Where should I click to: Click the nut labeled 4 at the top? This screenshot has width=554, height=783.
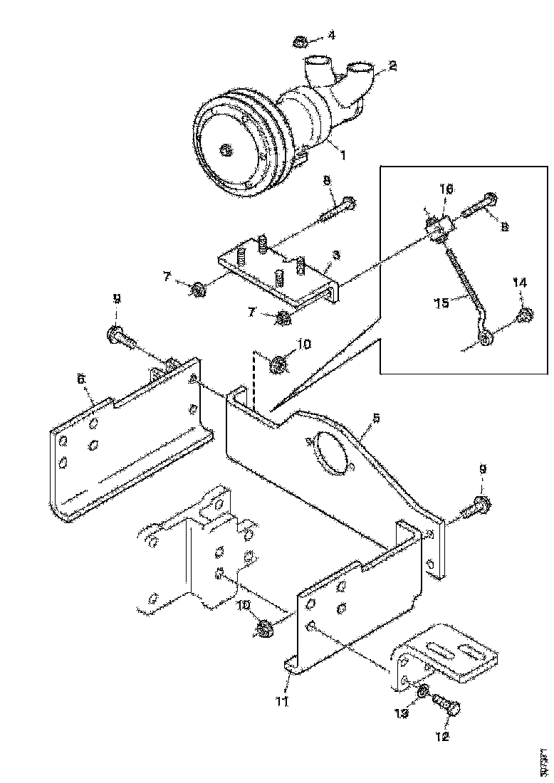[300, 41]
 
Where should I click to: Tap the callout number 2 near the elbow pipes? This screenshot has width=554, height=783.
[392, 67]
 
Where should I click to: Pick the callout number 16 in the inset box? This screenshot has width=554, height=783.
[445, 189]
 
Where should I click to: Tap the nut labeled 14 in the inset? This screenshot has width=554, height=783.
[526, 316]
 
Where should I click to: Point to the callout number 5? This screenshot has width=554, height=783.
[376, 419]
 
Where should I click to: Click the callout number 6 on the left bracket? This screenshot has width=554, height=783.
[80, 379]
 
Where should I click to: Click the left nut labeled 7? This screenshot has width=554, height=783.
[197, 289]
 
